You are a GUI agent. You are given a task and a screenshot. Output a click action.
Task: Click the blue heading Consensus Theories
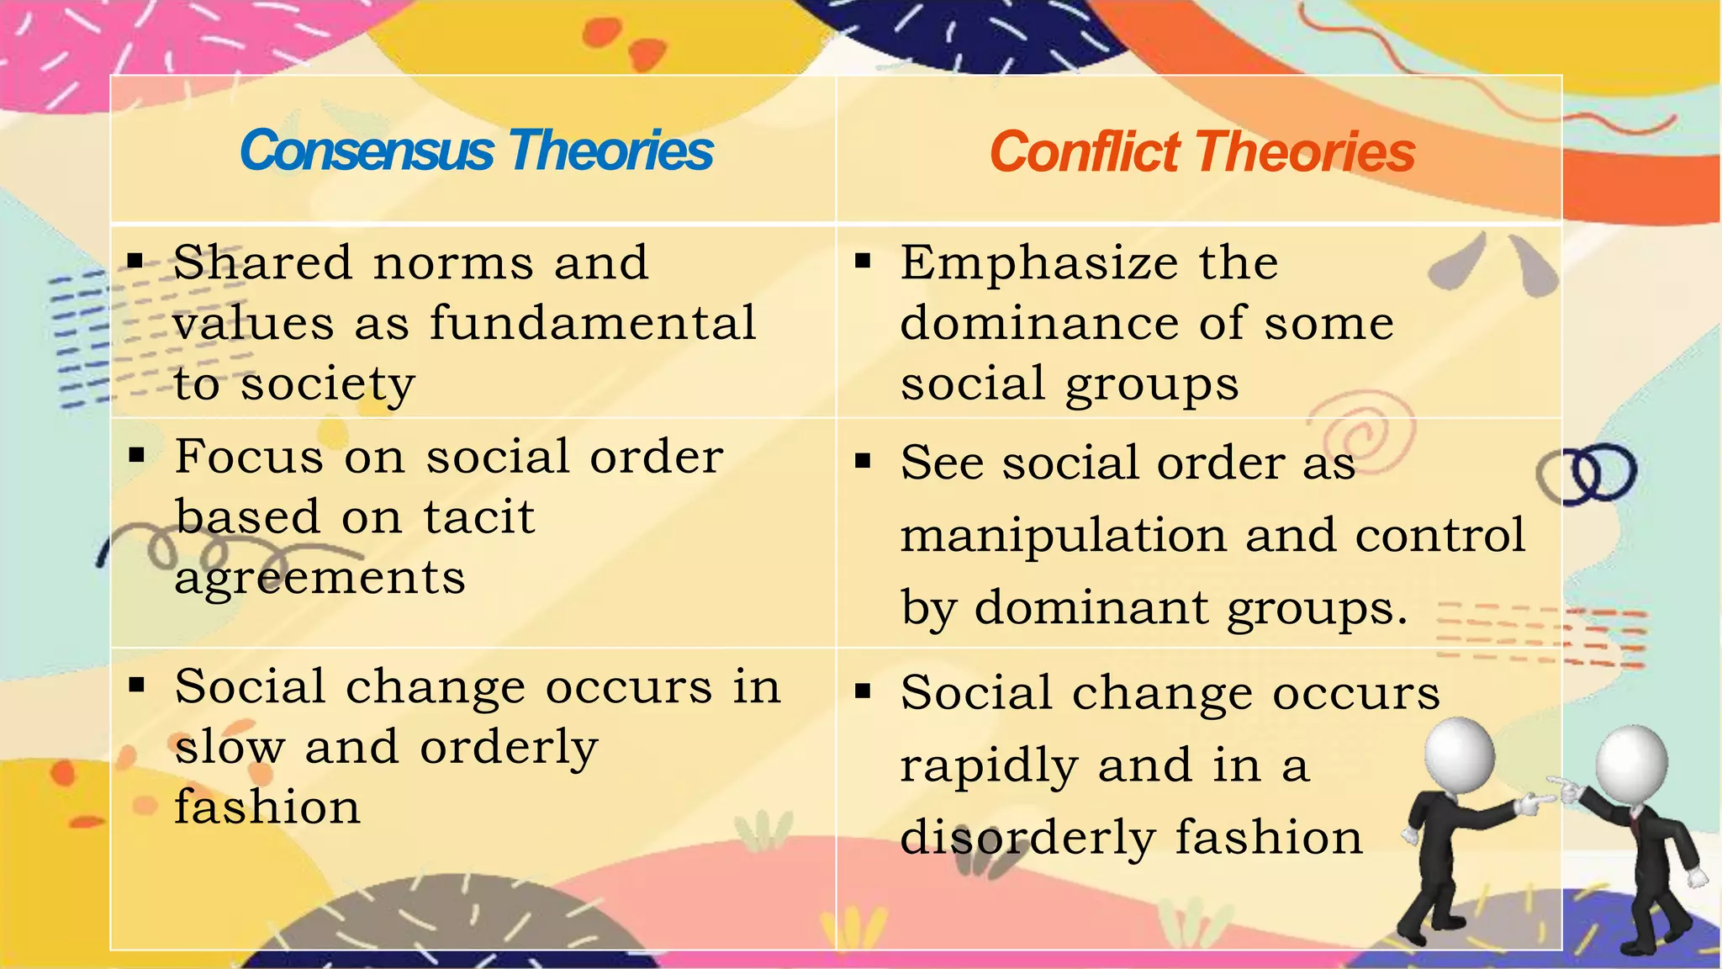[x=476, y=151]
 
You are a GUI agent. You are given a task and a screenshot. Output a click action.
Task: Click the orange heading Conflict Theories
[x=1202, y=153]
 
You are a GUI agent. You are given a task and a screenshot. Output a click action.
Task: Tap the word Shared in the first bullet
[x=261, y=263]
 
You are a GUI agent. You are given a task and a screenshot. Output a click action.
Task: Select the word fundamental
[x=593, y=324]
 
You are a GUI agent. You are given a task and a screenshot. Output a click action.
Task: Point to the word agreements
[x=320, y=579]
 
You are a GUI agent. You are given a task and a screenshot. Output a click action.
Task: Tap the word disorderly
[x=1027, y=839]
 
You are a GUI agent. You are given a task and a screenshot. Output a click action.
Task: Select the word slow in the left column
[x=230, y=748]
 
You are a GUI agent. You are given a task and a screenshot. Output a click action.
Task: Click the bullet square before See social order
[x=863, y=461]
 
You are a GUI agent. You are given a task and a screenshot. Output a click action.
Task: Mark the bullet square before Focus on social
[x=136, y=456]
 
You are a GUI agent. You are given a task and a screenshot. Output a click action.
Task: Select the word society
[x=328, y=385]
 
